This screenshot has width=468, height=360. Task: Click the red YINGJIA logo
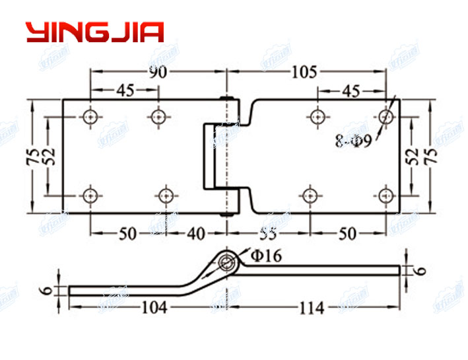pos(94,32)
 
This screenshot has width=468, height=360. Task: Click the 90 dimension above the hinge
pos(157,73)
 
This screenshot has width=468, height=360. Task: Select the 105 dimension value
pos(305,73)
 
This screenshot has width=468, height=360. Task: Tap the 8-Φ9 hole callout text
pos(354,141)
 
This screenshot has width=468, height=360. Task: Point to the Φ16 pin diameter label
pos(265,255)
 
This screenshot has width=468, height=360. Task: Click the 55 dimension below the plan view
pos(267,233)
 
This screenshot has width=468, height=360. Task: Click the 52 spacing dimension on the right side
pos(413,156)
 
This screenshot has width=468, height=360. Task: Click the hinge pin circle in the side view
pos(228,263)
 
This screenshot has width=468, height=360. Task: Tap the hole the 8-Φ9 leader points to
pos(385,117)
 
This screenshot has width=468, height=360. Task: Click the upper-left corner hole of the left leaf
pos(90,117)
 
